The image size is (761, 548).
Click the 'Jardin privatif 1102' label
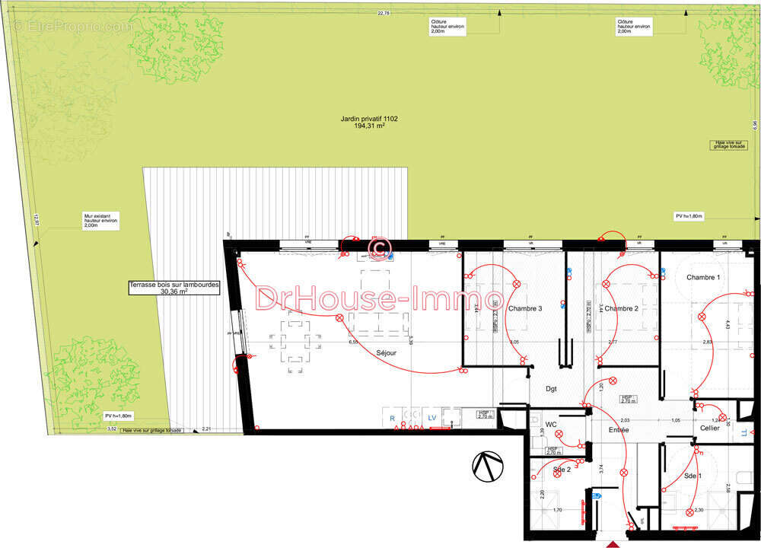tap(369, 119)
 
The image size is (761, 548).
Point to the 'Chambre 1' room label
tap(702, 278)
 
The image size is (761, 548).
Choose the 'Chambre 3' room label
tap(525, 308)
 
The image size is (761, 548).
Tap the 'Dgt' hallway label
tap(551, 389)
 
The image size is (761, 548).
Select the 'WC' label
tap(552, 423)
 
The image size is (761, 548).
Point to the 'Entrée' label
tap(618, 431)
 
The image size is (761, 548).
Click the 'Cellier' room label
tap(709, 428)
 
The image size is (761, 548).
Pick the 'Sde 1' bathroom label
tap(692, 476)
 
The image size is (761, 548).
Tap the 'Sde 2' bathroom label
tap(562, 470)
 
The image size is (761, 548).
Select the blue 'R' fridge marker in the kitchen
tap(392, 419)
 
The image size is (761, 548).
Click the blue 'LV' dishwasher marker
tap(431, 419)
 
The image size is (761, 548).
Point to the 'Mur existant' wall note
tap(101, 221)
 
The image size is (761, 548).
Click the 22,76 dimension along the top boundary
tap(383, 14)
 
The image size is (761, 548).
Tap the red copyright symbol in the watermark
tap(378, 248)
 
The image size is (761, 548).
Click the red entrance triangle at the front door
tap(613, 543)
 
